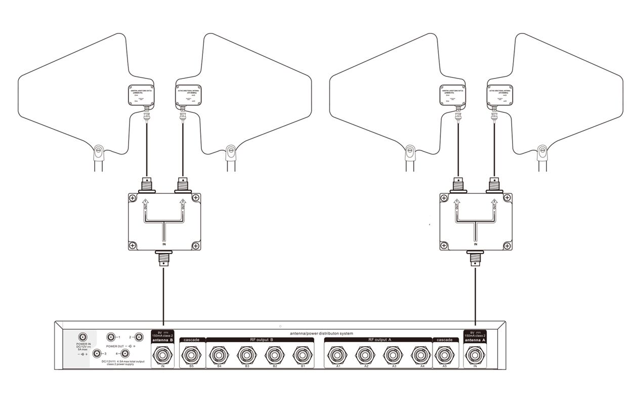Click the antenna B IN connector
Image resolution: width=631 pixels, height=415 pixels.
pos(163,355)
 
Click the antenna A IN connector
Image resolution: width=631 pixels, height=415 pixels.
pos(475,355)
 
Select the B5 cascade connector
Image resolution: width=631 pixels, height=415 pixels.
pos(192,355)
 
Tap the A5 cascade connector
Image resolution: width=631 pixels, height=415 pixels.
pos(445,355)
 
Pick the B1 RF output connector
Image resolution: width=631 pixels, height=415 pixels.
pos(302,355)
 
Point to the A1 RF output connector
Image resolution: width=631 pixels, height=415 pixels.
pos(338,355)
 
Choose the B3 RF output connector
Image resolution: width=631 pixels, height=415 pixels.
pos(247,355)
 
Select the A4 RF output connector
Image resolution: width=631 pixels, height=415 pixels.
pos(421,355)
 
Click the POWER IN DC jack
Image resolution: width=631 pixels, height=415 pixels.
pos(82,337)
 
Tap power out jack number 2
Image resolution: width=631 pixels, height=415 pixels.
pos(138,337)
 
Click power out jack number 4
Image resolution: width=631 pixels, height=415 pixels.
pos(125,354)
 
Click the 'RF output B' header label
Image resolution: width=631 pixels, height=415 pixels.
pos(261,340)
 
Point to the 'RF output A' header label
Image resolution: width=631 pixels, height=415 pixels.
pos(379,340)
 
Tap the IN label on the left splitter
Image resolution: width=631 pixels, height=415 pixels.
pos(164,244)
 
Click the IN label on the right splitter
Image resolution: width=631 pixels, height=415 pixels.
pos(476,244)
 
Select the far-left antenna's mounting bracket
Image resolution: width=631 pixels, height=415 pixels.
pos(99,151)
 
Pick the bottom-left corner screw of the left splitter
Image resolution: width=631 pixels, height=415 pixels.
pos(133,245)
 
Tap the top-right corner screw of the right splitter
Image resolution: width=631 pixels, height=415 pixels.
pos(507,198)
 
